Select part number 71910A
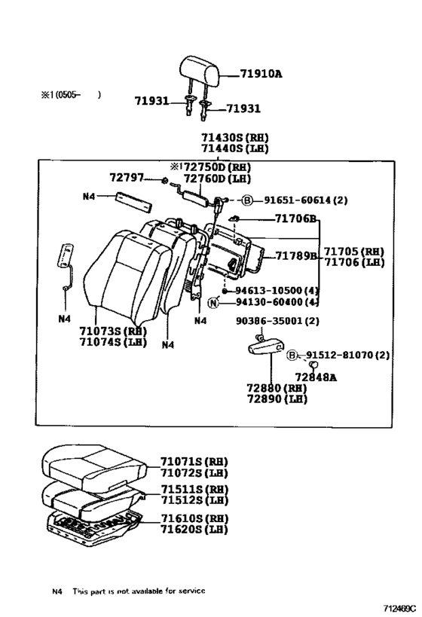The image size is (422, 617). click(261, 75)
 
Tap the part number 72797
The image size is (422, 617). click(125, 177)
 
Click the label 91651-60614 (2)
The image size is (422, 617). click(306, 200)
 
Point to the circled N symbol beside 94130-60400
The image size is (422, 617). click(213, 303)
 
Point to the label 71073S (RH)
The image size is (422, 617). click(112, 331)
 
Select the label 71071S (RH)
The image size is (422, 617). click(193, 462)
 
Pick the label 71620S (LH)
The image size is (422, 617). click(194, 529)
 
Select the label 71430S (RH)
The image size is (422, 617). click(234, 138)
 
